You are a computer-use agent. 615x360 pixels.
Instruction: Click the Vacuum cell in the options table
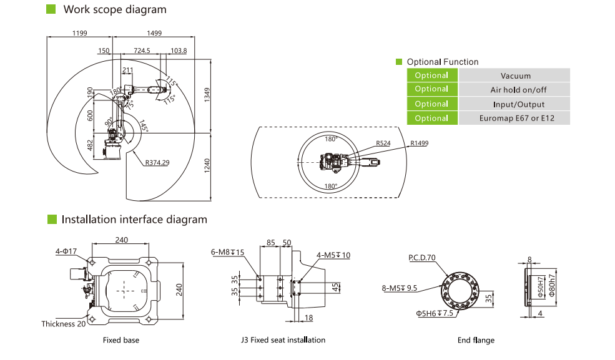coord(515,75)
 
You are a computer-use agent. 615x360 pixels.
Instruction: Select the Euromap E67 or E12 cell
coord(515,118)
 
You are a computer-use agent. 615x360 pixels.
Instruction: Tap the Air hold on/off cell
coord(515,90)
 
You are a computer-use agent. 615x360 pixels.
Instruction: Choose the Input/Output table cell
coord(515,104)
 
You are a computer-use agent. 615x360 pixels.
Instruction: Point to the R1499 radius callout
coord(420,143)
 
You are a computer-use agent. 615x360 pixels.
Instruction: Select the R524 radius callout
coord(383,143)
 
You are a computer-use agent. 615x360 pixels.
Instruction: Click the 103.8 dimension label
coord(179,51)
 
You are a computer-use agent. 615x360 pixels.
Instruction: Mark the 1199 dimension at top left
coord(79,32)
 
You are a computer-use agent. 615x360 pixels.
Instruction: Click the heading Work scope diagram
coord(114,9)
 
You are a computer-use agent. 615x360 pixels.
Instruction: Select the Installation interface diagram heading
coord(134,220)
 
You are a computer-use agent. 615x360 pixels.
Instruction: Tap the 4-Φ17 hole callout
coord(66,251)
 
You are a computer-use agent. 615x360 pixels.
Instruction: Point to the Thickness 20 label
coord(64,324)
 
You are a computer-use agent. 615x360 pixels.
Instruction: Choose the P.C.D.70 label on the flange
coord(422,257)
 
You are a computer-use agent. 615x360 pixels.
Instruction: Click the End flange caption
coord(475,340)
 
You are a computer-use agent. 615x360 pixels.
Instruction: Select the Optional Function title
coord(443,62)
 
